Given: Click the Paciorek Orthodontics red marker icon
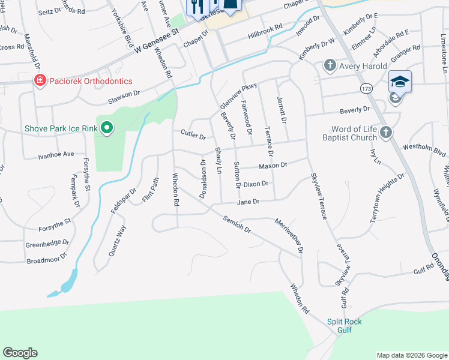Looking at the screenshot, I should click(x=40, y=80).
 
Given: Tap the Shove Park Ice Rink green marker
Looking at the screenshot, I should click(x=107, y=128).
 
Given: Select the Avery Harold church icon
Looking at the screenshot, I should click(x=329, y=65).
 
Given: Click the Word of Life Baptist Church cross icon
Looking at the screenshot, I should click(x=385, y=132).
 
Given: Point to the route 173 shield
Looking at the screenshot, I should click(x=366, y=88).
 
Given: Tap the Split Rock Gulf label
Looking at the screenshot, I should click(x=345, y=326).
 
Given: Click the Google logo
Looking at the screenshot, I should click(x=20, y=353).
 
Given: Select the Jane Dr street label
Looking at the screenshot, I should click(x=247, y=202).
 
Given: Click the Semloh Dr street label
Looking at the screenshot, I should click(x=235, y=225).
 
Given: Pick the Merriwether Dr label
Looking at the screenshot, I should click(x=288, y=235).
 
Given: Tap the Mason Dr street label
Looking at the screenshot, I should click(x=273, y=165).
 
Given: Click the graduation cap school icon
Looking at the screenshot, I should click(x=400, y=81).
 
